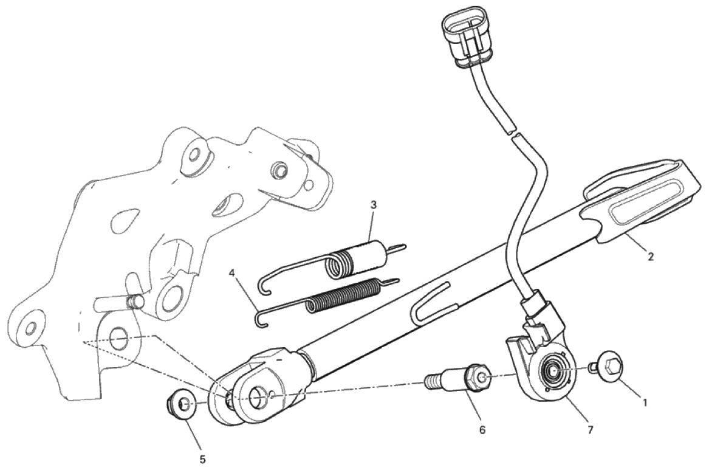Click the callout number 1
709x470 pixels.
645,401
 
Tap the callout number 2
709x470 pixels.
651,257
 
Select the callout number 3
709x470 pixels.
374,204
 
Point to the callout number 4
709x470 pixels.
232,273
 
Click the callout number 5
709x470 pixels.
202,460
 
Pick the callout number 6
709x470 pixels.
482,430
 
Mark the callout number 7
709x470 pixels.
590,430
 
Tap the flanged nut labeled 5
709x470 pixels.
180,403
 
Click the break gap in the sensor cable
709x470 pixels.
512,133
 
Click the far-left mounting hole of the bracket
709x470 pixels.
31,327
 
